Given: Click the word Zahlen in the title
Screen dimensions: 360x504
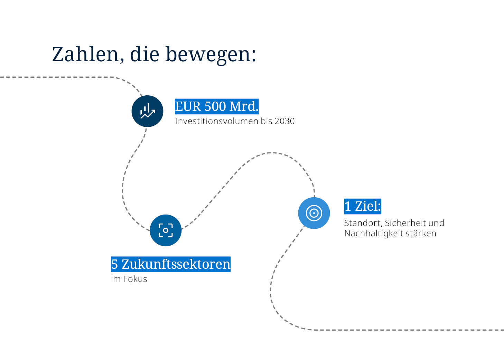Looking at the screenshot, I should pyautogui.click(x=86, y=55).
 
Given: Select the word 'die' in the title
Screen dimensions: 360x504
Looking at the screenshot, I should pyautogui.click(x=144, y=55).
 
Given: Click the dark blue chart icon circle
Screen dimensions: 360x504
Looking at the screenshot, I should pyautogui.click(x=147, y=111).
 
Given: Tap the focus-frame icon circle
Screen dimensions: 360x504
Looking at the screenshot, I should pyautogui.click(x=166, y=230).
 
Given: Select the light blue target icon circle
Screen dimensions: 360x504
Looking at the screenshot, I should pyautogui.click(x=314, y=213).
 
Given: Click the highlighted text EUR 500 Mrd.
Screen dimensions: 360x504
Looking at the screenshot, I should pyautogui.click(x=216, y=106).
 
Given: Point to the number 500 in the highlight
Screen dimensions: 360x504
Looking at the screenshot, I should pyautogui.click(x=215, y=106).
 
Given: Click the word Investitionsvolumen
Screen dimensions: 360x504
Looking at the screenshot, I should pyautogui.click(x=216, y=121).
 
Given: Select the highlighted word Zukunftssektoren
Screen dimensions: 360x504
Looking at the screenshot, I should pyautogui.click(x=176, y=264).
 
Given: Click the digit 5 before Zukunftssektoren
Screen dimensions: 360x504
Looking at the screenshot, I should pyautogui.click(x=114, y=264).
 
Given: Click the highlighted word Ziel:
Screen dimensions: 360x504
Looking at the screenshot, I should pyautogui.click(x=368, y=206).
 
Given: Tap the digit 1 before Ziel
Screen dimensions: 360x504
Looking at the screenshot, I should pyautogui.click(x=348, y=206).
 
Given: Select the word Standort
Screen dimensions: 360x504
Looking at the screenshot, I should pyautogui.click(x=363, y=223).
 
